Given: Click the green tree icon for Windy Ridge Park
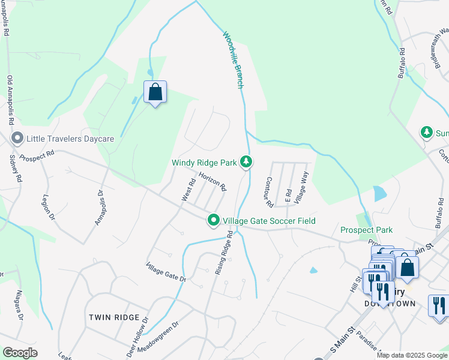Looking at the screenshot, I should coord(246,161).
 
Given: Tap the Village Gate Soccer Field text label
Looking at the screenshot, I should coord(270,221).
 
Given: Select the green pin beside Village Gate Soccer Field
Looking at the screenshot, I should coord(213,221).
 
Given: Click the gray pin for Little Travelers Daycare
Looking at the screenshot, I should coord(17,139).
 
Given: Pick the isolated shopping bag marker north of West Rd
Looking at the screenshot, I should coord(155,93).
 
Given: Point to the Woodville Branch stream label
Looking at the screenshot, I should coord(234,60).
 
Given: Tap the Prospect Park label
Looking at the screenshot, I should coord(366,230).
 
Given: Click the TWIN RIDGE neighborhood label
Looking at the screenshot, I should coord(114,317).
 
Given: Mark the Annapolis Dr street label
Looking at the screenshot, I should coord(99,208).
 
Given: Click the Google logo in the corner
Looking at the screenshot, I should coord(20,353).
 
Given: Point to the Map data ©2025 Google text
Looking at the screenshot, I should coord(412,355).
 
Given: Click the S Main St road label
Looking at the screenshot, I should coord(343,340).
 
